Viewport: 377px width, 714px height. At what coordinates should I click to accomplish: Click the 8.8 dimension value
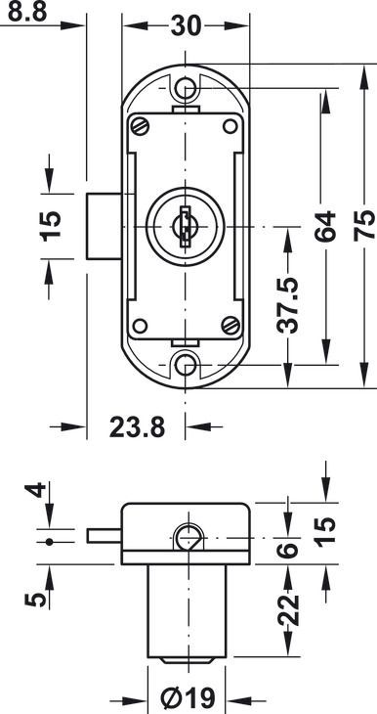pos(27,13)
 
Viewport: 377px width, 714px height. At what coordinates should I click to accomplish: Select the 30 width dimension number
pos(186,26)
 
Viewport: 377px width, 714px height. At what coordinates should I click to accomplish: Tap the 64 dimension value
pos(325,226)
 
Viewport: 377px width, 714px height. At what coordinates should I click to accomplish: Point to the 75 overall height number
pos(365,226)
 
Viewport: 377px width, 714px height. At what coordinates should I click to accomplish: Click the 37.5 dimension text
pos(288,304)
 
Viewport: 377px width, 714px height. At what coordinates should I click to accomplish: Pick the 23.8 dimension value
pos(137,427)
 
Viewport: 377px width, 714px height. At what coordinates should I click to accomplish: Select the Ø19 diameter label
pos(188,696)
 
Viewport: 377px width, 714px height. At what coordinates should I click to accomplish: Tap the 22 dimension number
pos(288,609)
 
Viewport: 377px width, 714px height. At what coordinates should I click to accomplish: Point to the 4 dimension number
pos(35,490)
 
